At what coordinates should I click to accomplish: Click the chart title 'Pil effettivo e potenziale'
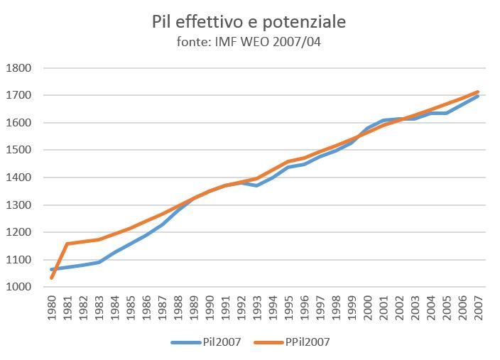coord(249,22)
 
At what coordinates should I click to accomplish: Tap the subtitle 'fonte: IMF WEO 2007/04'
coord(249,42)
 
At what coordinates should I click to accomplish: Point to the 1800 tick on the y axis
coord(19,68)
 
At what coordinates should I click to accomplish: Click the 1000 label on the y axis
coord(19,288)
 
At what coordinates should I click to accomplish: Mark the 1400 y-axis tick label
coord(19,178)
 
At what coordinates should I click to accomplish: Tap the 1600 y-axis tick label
coord(19,123)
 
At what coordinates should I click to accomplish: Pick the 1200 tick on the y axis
coord(19,233)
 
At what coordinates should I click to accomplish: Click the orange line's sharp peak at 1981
coord(67,244)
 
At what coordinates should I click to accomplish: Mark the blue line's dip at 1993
coord(256,185)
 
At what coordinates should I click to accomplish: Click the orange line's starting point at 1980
coord(52,278)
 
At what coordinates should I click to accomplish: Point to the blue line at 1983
coord(99,262)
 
